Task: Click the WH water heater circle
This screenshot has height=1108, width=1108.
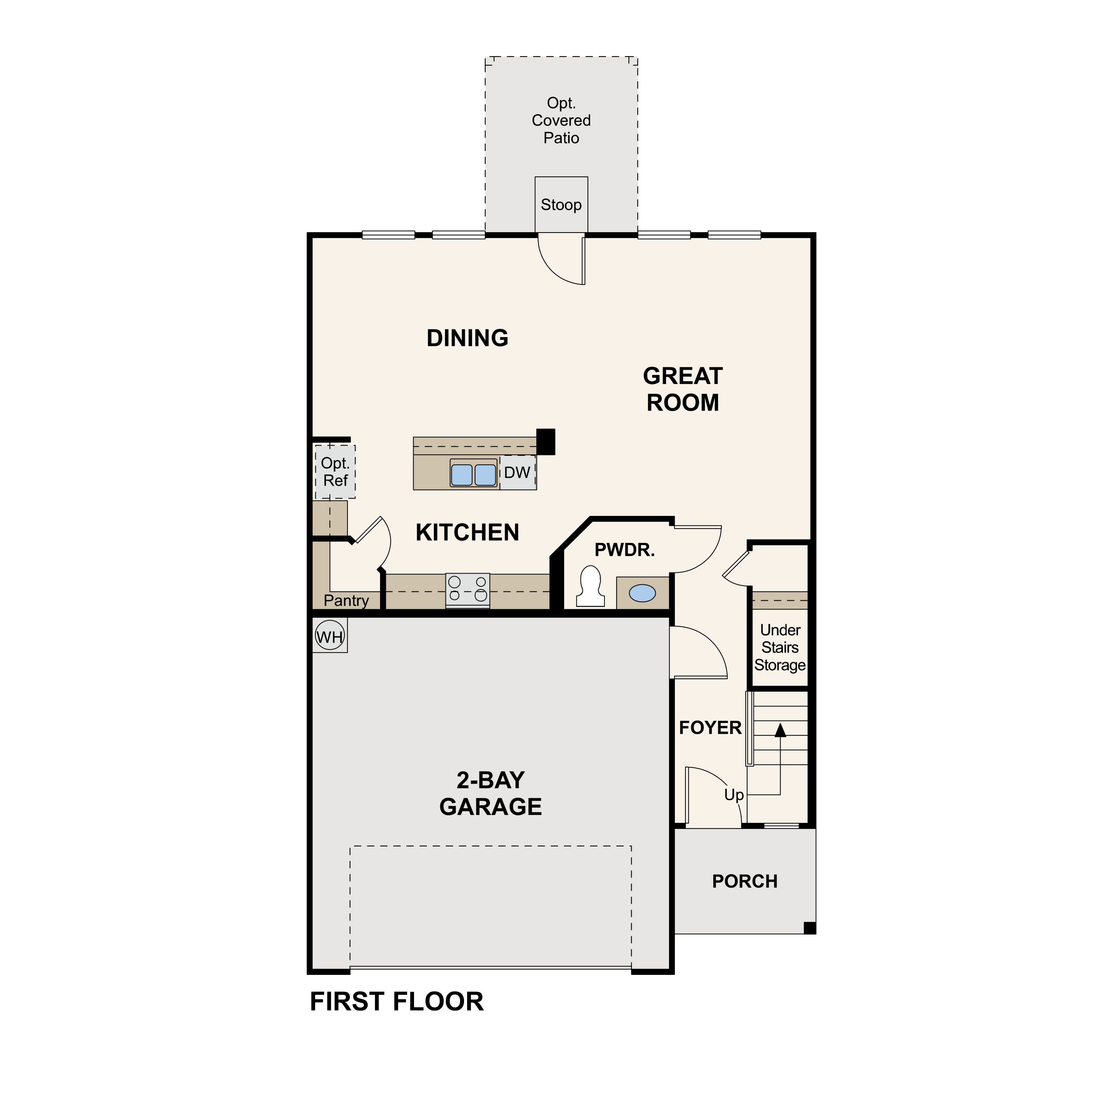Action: coord(330,637)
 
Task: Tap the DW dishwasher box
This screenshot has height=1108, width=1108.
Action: coord(517,473)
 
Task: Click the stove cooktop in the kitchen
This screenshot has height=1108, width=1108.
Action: coord(468,589)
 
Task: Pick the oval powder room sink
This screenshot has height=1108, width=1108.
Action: coord(642,593)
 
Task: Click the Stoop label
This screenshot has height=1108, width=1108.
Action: coord(561,205)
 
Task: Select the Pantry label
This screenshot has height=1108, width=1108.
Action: coord(346,601)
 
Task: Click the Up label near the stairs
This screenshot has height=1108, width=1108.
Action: coord(733,795)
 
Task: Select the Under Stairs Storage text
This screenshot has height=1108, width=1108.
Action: coord(780,647)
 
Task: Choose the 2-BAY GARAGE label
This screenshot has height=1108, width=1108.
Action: coord(490,793)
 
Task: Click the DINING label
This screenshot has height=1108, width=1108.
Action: coord(468,338)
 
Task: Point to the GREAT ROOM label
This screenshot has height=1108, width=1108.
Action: coord(682,389)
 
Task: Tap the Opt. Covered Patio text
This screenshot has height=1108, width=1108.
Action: coord(561,120)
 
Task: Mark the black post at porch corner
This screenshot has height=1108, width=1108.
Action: coord(809,927)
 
